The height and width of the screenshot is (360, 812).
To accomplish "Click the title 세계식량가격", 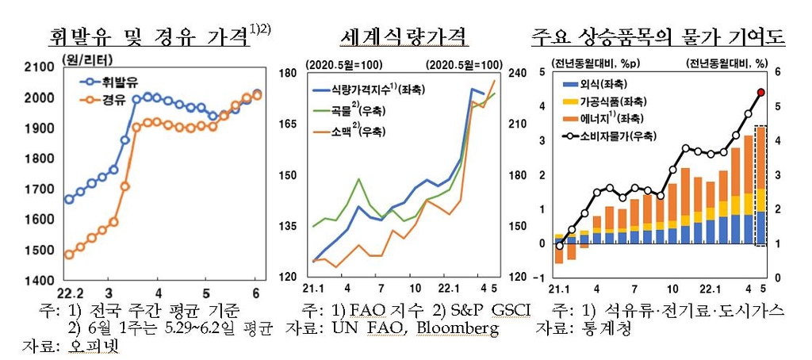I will (x=401, y=36).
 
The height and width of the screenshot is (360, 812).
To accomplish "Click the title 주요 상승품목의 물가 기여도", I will (x=658, y=36).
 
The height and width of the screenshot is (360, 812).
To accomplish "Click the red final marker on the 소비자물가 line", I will (x=760, y=93).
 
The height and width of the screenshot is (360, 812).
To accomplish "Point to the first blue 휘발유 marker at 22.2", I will (x=69, y=199).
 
